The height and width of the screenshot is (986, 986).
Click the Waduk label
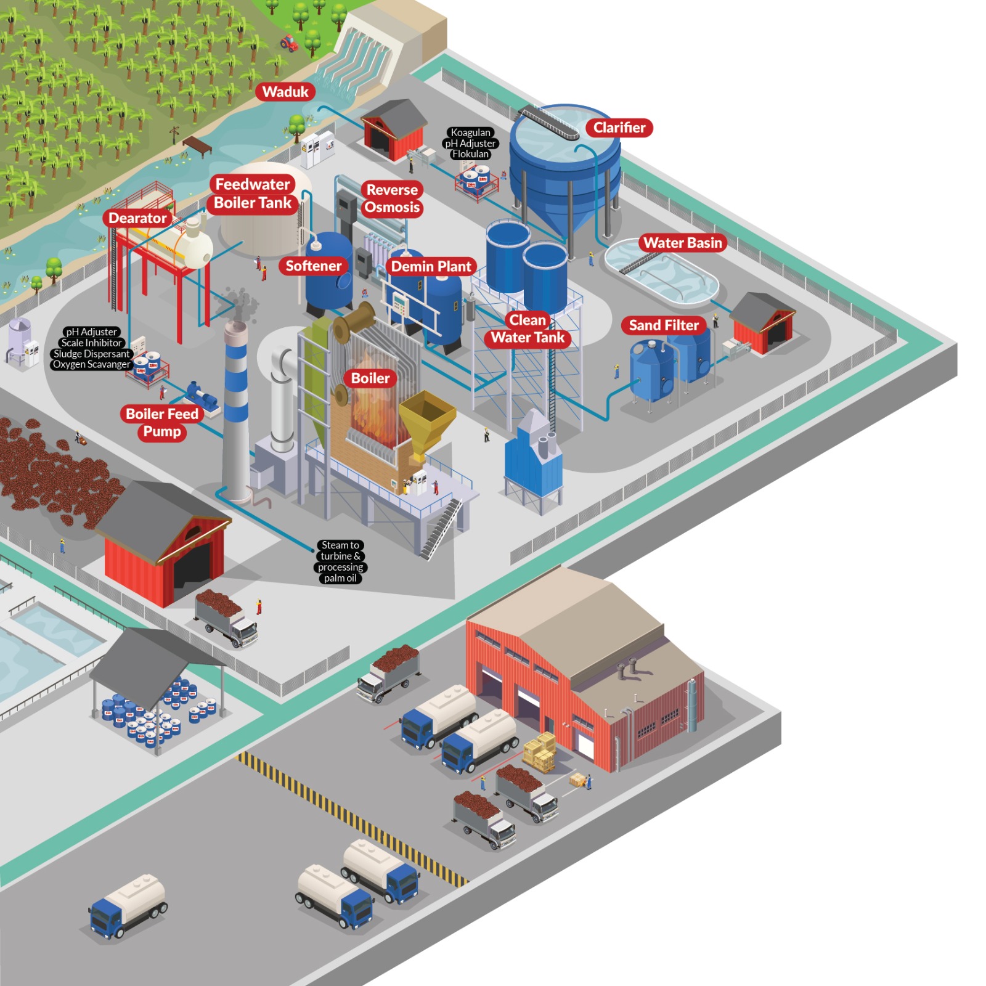pos(285,92)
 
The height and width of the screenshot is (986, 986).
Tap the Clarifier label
pos(619,128)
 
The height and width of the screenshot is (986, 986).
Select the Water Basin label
pos(682,243)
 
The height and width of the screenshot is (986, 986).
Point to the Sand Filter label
pos(664,325)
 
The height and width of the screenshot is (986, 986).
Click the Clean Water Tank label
pos(528,329)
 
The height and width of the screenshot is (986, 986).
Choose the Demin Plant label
pos(431,266)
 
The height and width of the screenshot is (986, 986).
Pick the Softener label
pos(313,266)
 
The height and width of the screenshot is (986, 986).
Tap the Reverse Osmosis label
pos(392,198)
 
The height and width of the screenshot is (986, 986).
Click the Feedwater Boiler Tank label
pos(253,194)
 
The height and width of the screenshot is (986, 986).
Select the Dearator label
pos(137,218)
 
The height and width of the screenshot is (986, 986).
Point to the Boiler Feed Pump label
pos(162,423)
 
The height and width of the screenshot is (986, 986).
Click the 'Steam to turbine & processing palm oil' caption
pos(340,561)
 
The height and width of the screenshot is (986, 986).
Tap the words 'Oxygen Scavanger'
pos(91,364)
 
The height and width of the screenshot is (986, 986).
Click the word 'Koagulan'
pos(470,132)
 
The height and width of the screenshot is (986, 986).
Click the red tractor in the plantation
pos(288,43)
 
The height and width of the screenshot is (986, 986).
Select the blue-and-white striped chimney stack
pos(236,394)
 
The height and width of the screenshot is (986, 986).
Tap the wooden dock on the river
pos(197,145)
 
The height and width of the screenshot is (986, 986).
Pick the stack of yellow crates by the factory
pos(540,752)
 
